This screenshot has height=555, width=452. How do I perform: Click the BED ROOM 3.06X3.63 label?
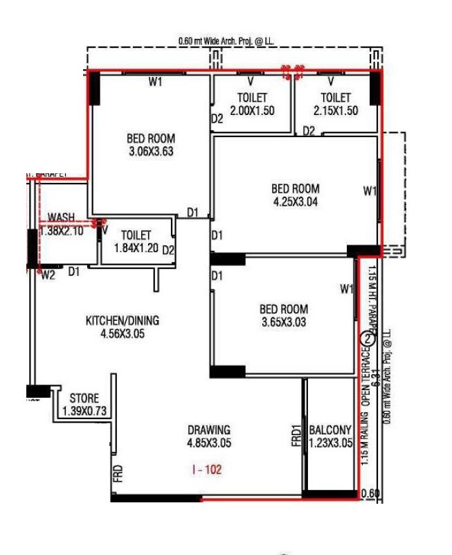(150, 145)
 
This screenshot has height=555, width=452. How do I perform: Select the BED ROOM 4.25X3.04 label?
(295, 195)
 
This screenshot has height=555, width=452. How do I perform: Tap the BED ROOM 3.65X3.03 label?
(284, 315)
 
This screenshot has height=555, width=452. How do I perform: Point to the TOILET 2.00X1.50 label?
(252, 105)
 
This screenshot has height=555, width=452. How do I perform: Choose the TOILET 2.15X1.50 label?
(336, 105)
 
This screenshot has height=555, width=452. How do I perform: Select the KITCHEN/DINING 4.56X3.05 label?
(122, 327)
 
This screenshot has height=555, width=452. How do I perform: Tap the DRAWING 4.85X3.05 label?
(208, 436)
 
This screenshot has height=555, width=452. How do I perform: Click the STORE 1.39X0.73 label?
(84, 405)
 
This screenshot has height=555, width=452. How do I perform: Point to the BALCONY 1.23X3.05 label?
(330, 436)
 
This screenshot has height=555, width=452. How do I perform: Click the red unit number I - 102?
(207, 469)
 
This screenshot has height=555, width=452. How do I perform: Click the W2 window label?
(48, 275)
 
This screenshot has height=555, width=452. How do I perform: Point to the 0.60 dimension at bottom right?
(370, 494)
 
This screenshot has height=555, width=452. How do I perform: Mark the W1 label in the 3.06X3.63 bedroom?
(155, 82)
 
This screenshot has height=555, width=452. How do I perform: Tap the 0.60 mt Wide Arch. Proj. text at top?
(226, 41)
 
